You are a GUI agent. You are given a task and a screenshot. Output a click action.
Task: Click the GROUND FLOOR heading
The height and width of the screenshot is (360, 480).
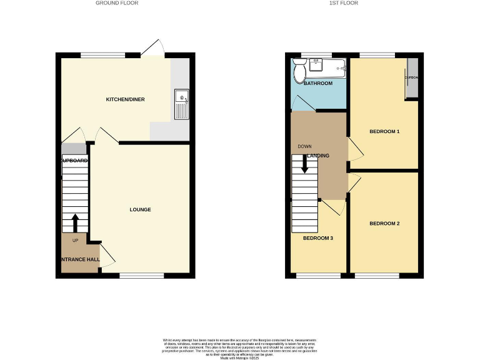(116, 3)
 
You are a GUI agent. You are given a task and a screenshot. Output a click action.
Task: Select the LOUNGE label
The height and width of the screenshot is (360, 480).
(140, 209)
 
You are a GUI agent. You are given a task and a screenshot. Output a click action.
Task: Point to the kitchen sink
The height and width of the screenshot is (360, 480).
(181, 99)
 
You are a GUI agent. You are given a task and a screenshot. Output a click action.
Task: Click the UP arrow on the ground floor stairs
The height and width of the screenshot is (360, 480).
(75, 223)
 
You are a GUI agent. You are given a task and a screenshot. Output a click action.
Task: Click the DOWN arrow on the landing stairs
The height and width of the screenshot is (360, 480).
(305, 164)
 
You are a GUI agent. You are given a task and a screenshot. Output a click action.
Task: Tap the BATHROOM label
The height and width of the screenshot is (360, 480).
(318, 83)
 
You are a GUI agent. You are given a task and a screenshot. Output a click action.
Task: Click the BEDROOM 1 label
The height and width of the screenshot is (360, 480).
(384, 131)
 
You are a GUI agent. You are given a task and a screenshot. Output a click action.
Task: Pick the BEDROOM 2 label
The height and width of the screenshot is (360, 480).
(384, 223)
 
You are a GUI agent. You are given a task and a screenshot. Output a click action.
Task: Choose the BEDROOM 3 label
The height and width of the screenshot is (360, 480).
(318, 238)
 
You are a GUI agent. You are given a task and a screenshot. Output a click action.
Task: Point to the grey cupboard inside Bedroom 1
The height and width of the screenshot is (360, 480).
(411, 79)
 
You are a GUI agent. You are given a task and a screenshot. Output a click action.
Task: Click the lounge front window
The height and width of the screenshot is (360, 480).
(142, 274)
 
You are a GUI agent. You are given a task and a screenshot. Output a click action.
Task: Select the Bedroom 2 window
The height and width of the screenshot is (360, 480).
(376, 274)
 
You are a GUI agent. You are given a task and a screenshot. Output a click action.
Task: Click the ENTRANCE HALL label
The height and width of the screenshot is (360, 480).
(79, 259)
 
